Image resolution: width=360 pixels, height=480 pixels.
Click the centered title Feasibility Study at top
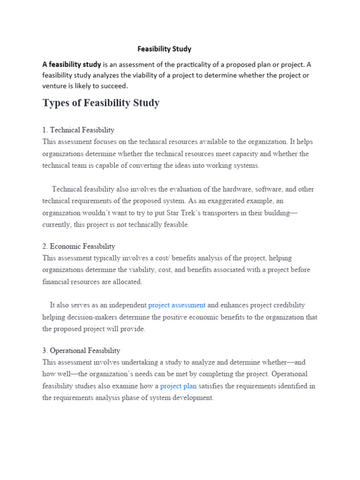(164, 49)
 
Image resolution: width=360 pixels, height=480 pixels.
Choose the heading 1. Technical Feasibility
(78, 130)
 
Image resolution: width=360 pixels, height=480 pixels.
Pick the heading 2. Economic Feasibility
(78, 246)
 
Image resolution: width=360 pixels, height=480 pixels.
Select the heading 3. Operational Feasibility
(81, 350)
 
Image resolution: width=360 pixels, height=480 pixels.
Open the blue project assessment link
(177, 305)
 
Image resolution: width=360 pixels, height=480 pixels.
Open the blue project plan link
(178, 386)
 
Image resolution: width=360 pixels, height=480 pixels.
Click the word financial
(55, 282)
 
